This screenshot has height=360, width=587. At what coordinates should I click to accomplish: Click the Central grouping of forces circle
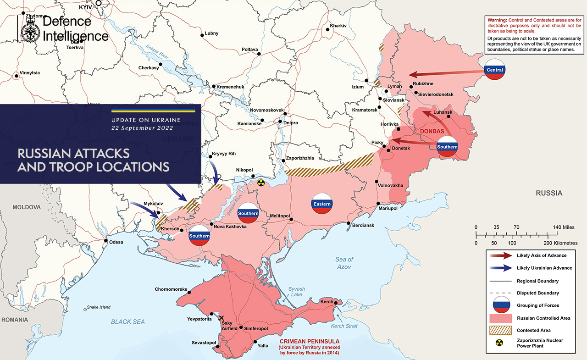494,70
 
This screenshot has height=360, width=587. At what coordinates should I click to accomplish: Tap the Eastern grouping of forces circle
321,204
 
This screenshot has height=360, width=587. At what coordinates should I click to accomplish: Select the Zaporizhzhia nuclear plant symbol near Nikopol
261,183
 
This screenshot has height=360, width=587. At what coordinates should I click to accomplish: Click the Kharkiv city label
338,25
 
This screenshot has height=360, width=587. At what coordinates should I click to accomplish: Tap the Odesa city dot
106,241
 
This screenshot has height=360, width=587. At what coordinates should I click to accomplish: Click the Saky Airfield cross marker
222,318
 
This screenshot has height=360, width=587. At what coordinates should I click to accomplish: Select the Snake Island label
99,307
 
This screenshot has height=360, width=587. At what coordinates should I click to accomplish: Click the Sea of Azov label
344,263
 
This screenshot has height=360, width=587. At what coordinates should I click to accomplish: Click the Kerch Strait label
344,326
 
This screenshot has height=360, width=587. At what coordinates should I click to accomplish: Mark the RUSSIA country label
549,193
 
